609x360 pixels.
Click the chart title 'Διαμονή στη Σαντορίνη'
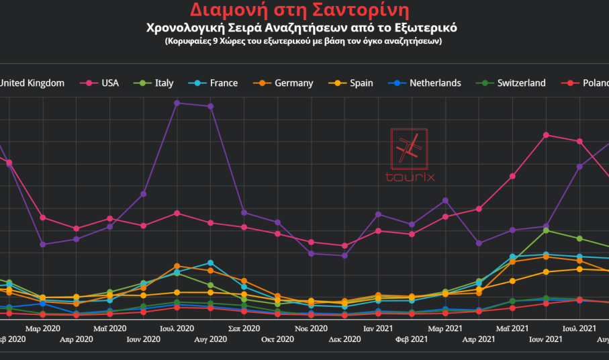pos(299,10)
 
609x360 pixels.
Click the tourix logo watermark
pos(410,155)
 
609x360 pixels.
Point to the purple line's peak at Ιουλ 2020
pos(177,103)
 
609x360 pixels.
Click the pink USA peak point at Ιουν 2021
pos(547,135)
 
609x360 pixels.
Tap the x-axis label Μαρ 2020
pos(42,328)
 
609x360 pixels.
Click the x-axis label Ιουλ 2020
pos(177,328)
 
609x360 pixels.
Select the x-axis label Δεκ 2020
pos(344,340)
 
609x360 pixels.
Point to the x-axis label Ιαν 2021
pos(378,328)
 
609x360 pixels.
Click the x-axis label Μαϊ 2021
pos(512,328)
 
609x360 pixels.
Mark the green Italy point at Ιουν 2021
pos(547,230)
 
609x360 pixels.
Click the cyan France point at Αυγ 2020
pos(211,263)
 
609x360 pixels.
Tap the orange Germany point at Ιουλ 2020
pos(177,266)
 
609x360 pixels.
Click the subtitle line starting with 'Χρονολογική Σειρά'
pos(301,28)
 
